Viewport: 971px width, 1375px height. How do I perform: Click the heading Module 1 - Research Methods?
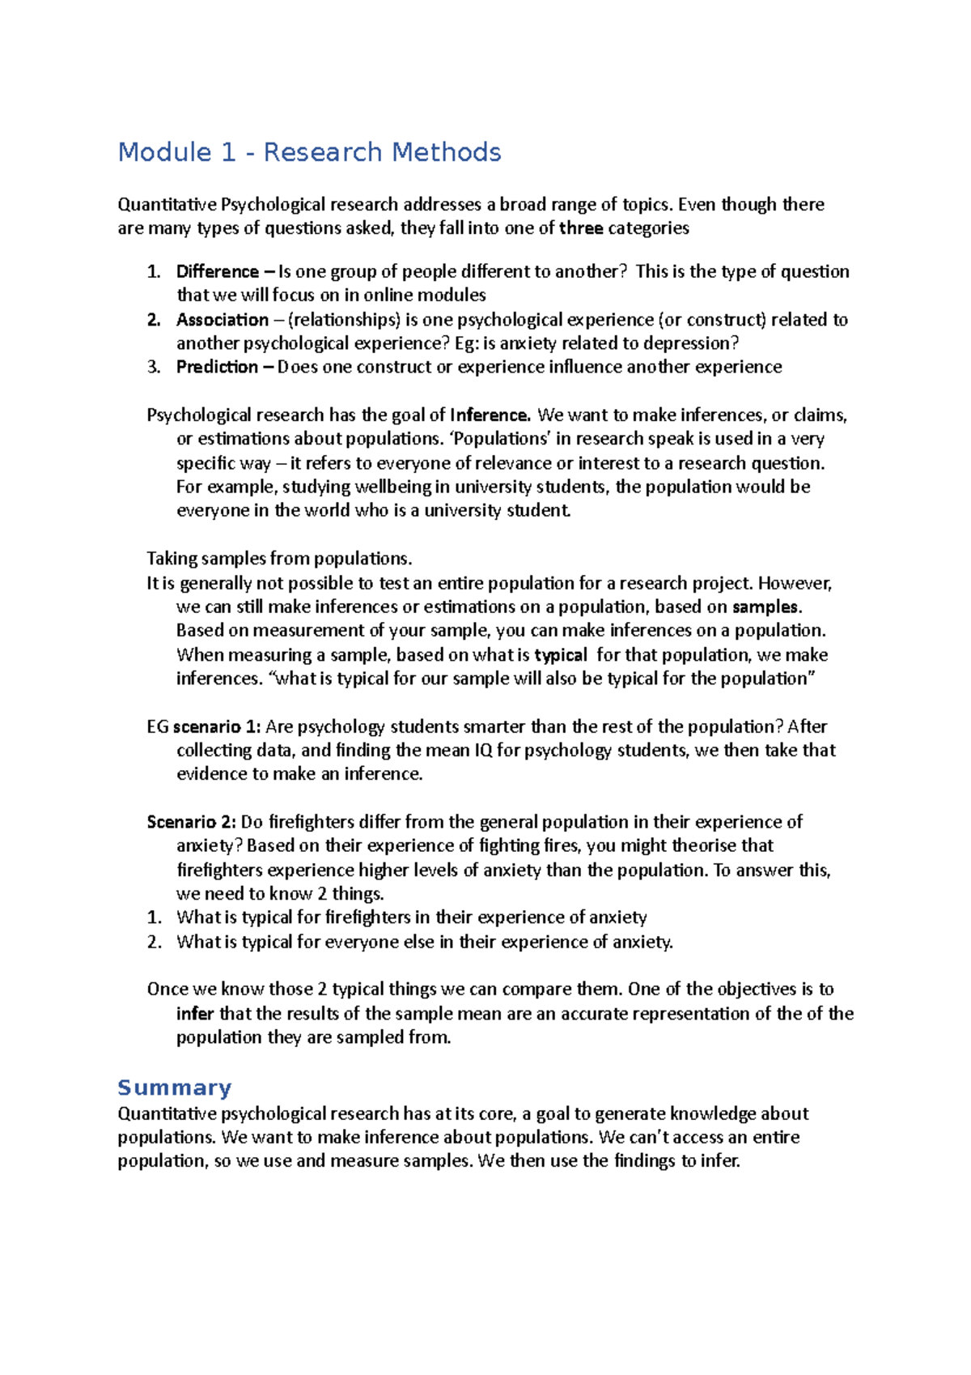tap(309, 152)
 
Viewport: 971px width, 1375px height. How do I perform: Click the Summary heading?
tap(174, 1088)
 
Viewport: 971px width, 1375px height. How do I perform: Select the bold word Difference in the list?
tap(217, 271)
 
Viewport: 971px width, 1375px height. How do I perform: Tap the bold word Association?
tap(222, 320)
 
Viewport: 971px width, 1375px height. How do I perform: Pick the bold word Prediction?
tap(217, 367)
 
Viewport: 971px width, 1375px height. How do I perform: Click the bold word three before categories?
tap(581, 228)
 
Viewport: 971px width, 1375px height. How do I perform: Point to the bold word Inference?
tap(490, 415)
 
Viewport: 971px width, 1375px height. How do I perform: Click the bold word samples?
tap(766, 607)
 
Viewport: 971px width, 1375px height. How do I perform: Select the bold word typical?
tap(560, 655)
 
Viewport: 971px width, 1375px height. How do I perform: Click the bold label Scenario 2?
tap(191, 823)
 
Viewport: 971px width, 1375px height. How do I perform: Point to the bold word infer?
tap(195, 1014)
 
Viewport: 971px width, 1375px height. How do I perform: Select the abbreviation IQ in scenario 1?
tap(483, 751)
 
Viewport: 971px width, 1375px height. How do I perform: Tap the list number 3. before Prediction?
tap(154, 367)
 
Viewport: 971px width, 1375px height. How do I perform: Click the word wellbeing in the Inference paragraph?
tap(393, 487)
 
